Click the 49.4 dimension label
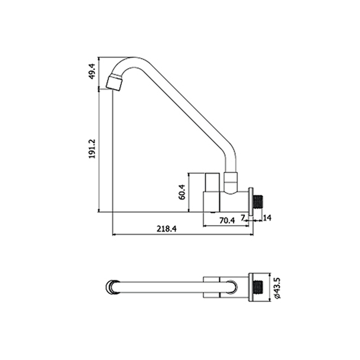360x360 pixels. [x=93, y=72]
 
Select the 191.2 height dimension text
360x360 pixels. [x=92, y=149]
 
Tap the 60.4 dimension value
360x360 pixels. [x=182, y=192]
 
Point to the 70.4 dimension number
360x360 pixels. [x=227, y=220]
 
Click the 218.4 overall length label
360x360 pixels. [x=167, y=229]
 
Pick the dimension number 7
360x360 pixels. [x=243, y=217]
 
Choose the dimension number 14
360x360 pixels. [x=267, y=218]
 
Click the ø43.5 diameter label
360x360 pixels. [x=278, y=288]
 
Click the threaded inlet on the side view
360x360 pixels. [x=258, y=202]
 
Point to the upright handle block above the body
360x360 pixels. [x=213, y=183]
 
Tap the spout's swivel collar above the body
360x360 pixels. [x=230, y=183]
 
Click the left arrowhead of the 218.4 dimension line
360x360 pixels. [x=114, y=235]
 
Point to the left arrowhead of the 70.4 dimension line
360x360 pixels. [x=205, y=226]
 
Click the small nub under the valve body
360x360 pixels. [x=213, y=213]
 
